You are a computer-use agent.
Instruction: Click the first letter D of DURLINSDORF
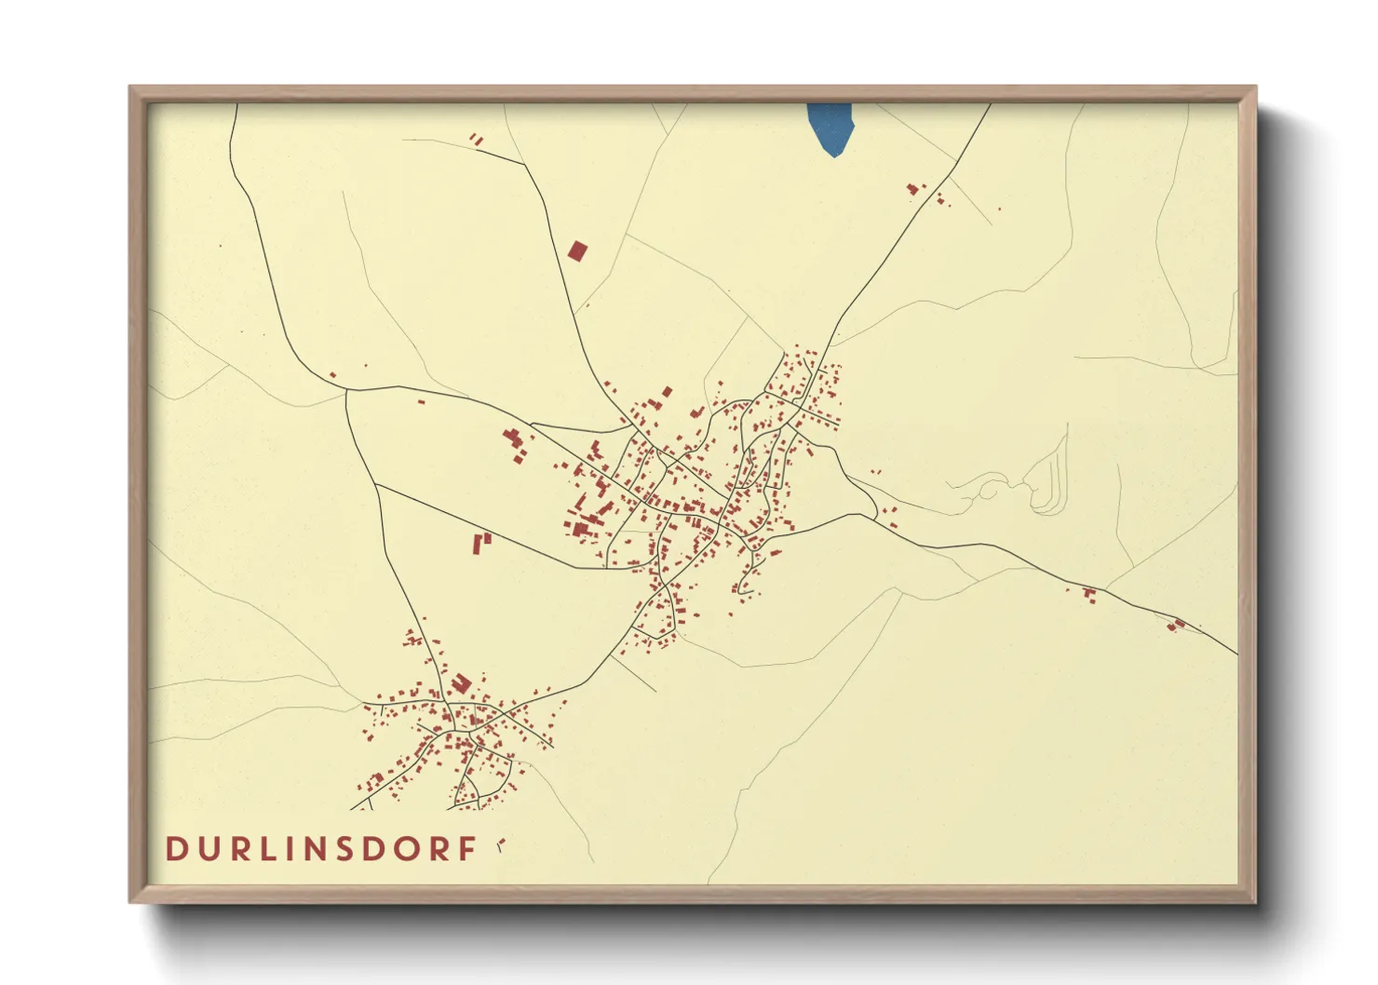(x=175, y=849)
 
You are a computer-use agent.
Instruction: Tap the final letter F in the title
(x=468, y=849)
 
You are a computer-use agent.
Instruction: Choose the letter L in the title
(x=271, y=849)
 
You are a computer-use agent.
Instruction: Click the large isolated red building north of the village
(x=578, y=250)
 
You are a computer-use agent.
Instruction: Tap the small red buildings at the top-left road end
(x=477, y=140)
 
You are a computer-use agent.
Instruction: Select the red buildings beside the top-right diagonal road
(x=913, y=189)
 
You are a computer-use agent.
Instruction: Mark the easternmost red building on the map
(x=1177, y=625)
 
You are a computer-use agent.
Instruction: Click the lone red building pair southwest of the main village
(x=481, y=542)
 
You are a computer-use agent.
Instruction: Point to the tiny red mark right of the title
(x=501, y=844)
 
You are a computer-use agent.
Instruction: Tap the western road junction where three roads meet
(x=346, y=391)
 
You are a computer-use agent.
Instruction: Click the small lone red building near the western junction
(x=332, y=375)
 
